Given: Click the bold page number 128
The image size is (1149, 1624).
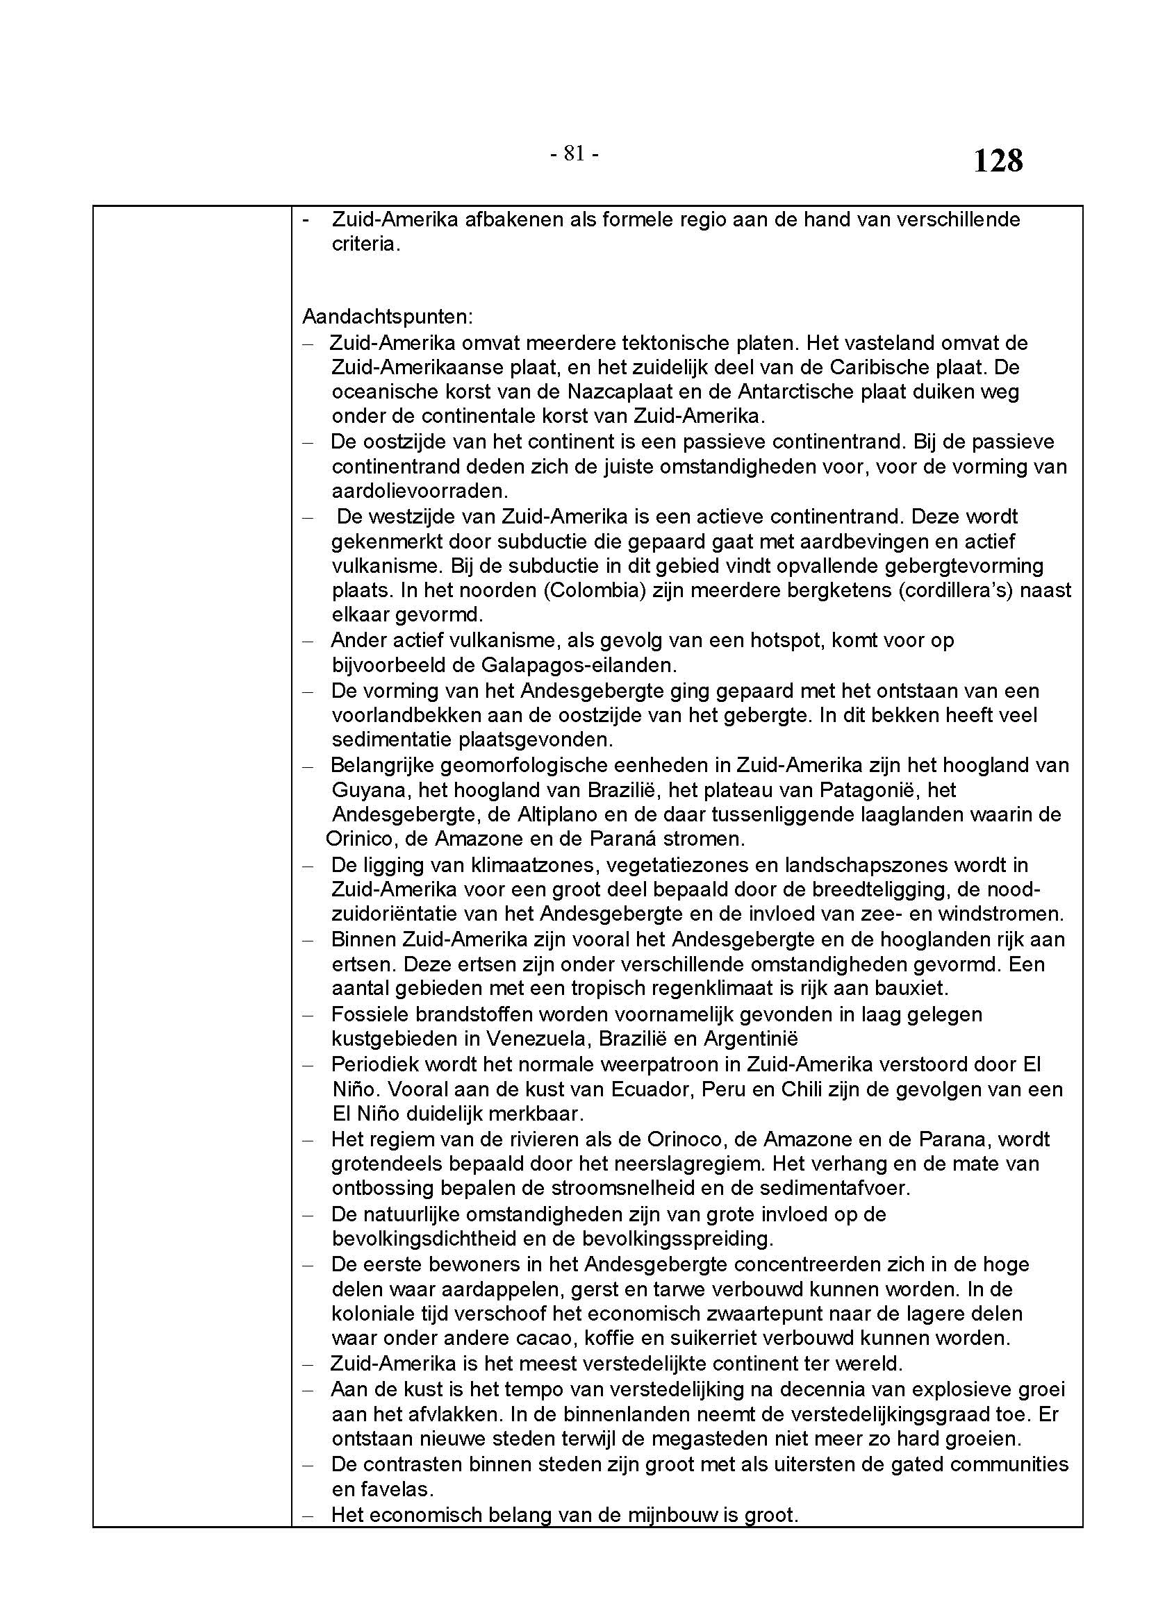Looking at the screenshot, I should coord(998,161).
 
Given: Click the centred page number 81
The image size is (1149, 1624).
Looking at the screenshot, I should coord(574,153).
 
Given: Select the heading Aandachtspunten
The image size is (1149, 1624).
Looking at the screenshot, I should coord(387,316).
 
